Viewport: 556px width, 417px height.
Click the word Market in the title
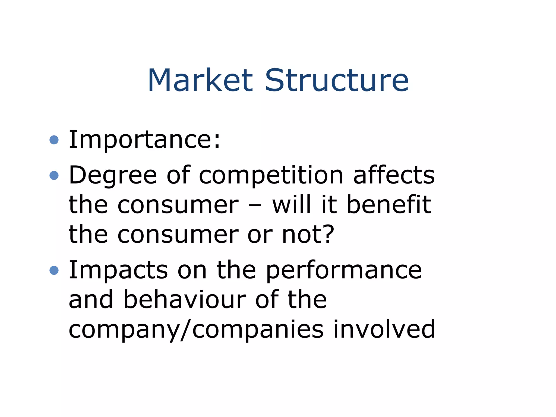point(200,80)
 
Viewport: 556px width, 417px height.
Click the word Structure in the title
point(336,80)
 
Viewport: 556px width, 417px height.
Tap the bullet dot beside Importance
point(54,140)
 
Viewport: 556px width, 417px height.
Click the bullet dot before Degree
point(54,175)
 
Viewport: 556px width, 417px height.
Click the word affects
point(394,175)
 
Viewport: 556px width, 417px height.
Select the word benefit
point(389,205)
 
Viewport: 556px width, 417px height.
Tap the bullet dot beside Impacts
point(54,270)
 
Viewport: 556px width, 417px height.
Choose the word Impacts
point(118,270)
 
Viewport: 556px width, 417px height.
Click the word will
point(291,205)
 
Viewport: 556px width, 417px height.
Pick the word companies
point(258,330)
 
